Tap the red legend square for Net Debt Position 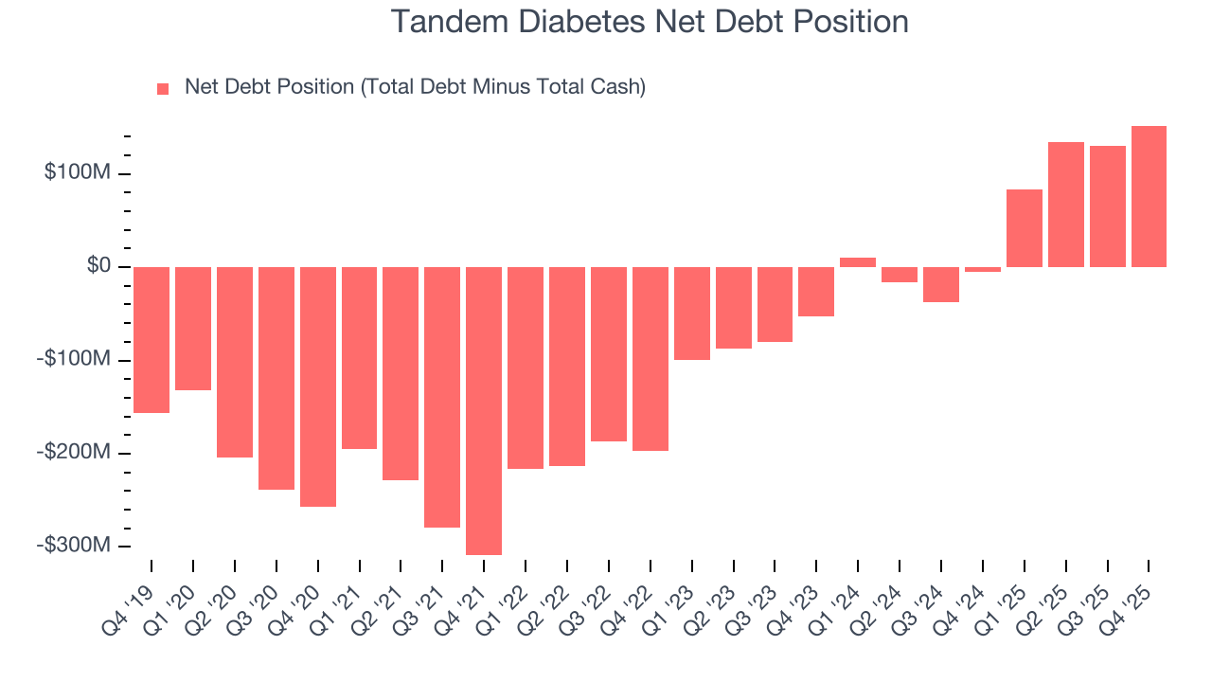[163, 88]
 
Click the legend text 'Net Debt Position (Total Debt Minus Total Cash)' [415, 87]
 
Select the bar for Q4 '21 [484, 410]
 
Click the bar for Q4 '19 [151, 339]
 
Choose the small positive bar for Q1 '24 [858, 262]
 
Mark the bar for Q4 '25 [1149, 196]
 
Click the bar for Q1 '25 [1025, 228]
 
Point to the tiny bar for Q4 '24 [983, 269]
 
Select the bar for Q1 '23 [691, 313]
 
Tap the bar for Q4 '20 [318, 386]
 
